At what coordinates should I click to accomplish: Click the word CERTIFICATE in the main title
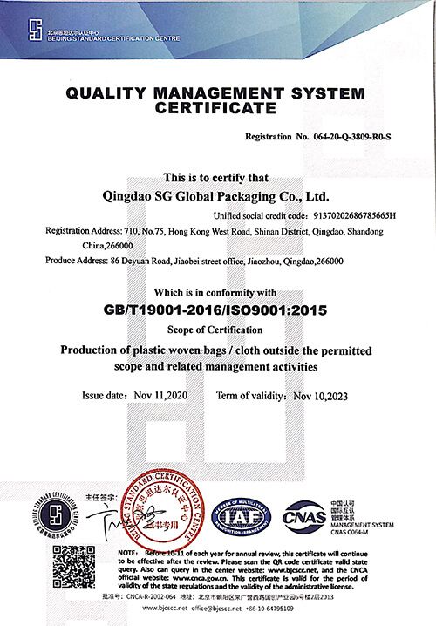point(214,108)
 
